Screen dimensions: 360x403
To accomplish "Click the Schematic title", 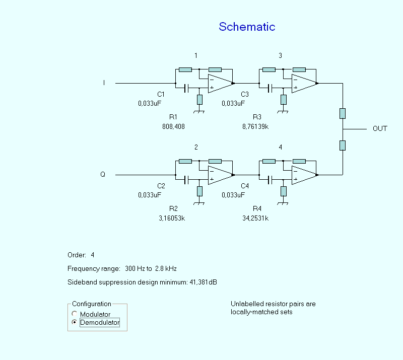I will pyautogui.click(x=247, y=27).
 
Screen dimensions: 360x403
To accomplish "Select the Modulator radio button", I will pyautogui.click(x=75, y=314).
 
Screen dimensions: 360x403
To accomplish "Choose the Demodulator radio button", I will pyautogui.click(x=75, y=322).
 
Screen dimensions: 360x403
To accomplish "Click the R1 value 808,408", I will pyautogui.click(x=173, y=126).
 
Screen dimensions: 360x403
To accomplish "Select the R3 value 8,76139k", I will pyautogui.click(x=255, y=126).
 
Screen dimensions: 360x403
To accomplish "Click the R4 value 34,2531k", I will pyautogui.click(x=255, y=218).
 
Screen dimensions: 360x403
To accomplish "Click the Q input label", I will pyautogui.click(x=103, y=175).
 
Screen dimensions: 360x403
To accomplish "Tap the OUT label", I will pyautogui.click(x=380, y=129).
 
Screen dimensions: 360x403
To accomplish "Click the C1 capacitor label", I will pyautogui.click(x=161, y=94).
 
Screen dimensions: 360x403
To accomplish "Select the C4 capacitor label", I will pyautogui.click(x=245, y=186).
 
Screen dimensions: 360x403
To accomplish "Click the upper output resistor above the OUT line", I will pyautogui.click(x=343, y=113).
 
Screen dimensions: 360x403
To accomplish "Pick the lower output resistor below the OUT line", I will pyautogui.click(x=343, y=145).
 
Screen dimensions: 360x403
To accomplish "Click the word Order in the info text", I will pyautogui.click(x=77, y=255).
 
